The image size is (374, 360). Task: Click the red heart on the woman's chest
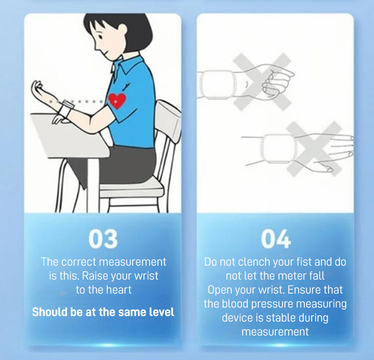[x=117, y=100]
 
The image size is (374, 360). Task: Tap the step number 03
[x=103, y=239]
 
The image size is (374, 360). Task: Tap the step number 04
[x=276, y=239]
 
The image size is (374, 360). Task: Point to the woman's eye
[x=101, y=37]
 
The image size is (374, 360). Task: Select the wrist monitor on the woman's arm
[x=66, y=109]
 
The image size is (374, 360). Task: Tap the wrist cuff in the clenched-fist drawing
[x=217, y=84]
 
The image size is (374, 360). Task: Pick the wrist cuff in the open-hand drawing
[x=279, y=149]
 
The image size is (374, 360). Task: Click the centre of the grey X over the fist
[x=262, y=82]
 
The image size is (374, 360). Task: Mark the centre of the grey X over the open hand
[x=314, y=149]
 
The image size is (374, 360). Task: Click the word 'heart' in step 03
[x=119, y=290]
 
